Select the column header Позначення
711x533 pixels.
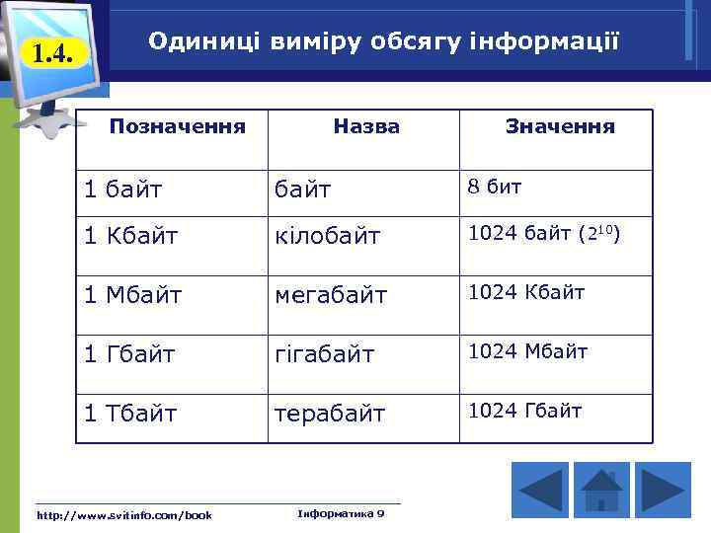coord(177,126)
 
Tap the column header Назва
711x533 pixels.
coord(366,126)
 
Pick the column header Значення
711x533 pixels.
coord(560,126)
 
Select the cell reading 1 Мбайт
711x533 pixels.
coord(132,295)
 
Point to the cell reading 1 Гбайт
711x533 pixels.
coord(129,354)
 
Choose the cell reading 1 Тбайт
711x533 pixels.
coord(130,414)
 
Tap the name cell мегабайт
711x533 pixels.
coord(331,295)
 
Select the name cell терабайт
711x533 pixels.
coord(330,414)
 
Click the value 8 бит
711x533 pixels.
coord(495,186)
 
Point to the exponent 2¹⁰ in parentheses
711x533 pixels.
coord(602,234)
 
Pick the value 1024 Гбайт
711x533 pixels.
coord(524,411)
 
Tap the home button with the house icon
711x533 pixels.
coord(601,491)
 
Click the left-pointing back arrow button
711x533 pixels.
coord(540,491)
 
